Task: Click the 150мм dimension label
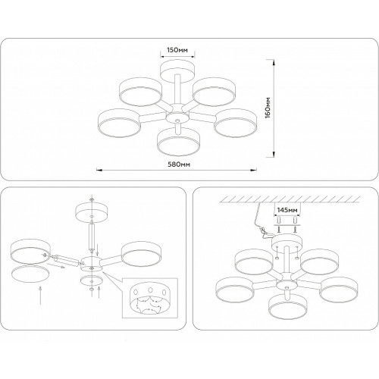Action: tap(177, 50)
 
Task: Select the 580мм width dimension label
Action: tap(179, 164)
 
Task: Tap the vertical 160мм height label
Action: tap(268, 108)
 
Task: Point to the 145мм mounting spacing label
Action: tap(287, 210)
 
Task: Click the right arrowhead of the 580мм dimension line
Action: tap(254, 170)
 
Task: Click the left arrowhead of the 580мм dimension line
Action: tap(99, 170)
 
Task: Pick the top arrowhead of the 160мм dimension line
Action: tap(274, 63)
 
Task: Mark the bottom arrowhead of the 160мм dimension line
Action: tap(274, 154)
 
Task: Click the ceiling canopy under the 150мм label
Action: tap(178, 71)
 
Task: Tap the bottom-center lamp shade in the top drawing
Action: tap(179, 141)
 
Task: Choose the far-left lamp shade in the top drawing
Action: tap(119, 123)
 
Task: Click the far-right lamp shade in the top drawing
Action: tap(236, 123)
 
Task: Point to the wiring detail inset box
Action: tap(150, 298)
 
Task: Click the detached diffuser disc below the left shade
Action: tap(30, 274)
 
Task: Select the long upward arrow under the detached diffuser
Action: tap(40, 296)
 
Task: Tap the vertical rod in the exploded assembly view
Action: tap(92, 235)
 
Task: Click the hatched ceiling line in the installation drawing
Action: tap(290, 199)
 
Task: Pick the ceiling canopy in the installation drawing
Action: tap(287, 243)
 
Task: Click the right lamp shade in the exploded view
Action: tap(141, 254)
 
